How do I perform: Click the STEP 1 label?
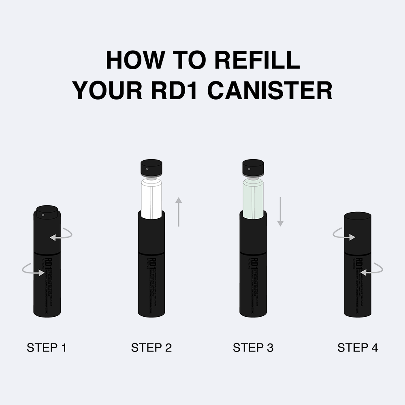point(47,347)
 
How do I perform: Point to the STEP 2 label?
point(151,347)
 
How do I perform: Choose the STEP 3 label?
point(253,347)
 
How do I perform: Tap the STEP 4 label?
point(358,347)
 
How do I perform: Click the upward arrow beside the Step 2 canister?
point(179,211)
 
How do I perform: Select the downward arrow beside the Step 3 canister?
point(280,211)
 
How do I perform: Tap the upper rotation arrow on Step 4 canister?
point(344,235)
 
